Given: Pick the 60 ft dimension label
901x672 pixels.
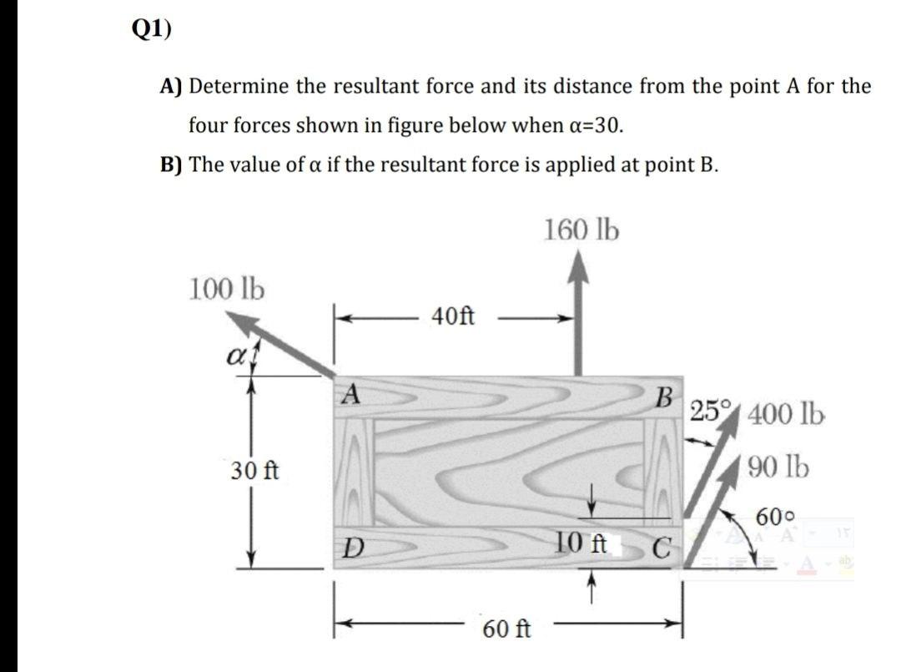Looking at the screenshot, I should pos(506,628).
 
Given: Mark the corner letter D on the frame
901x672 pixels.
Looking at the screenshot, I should pos(354,549).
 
